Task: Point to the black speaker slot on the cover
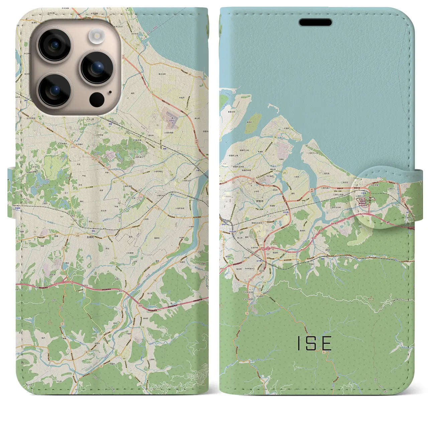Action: coord(315,22)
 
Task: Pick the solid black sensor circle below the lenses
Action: coord(97,99)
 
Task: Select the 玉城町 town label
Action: coord(91,237)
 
